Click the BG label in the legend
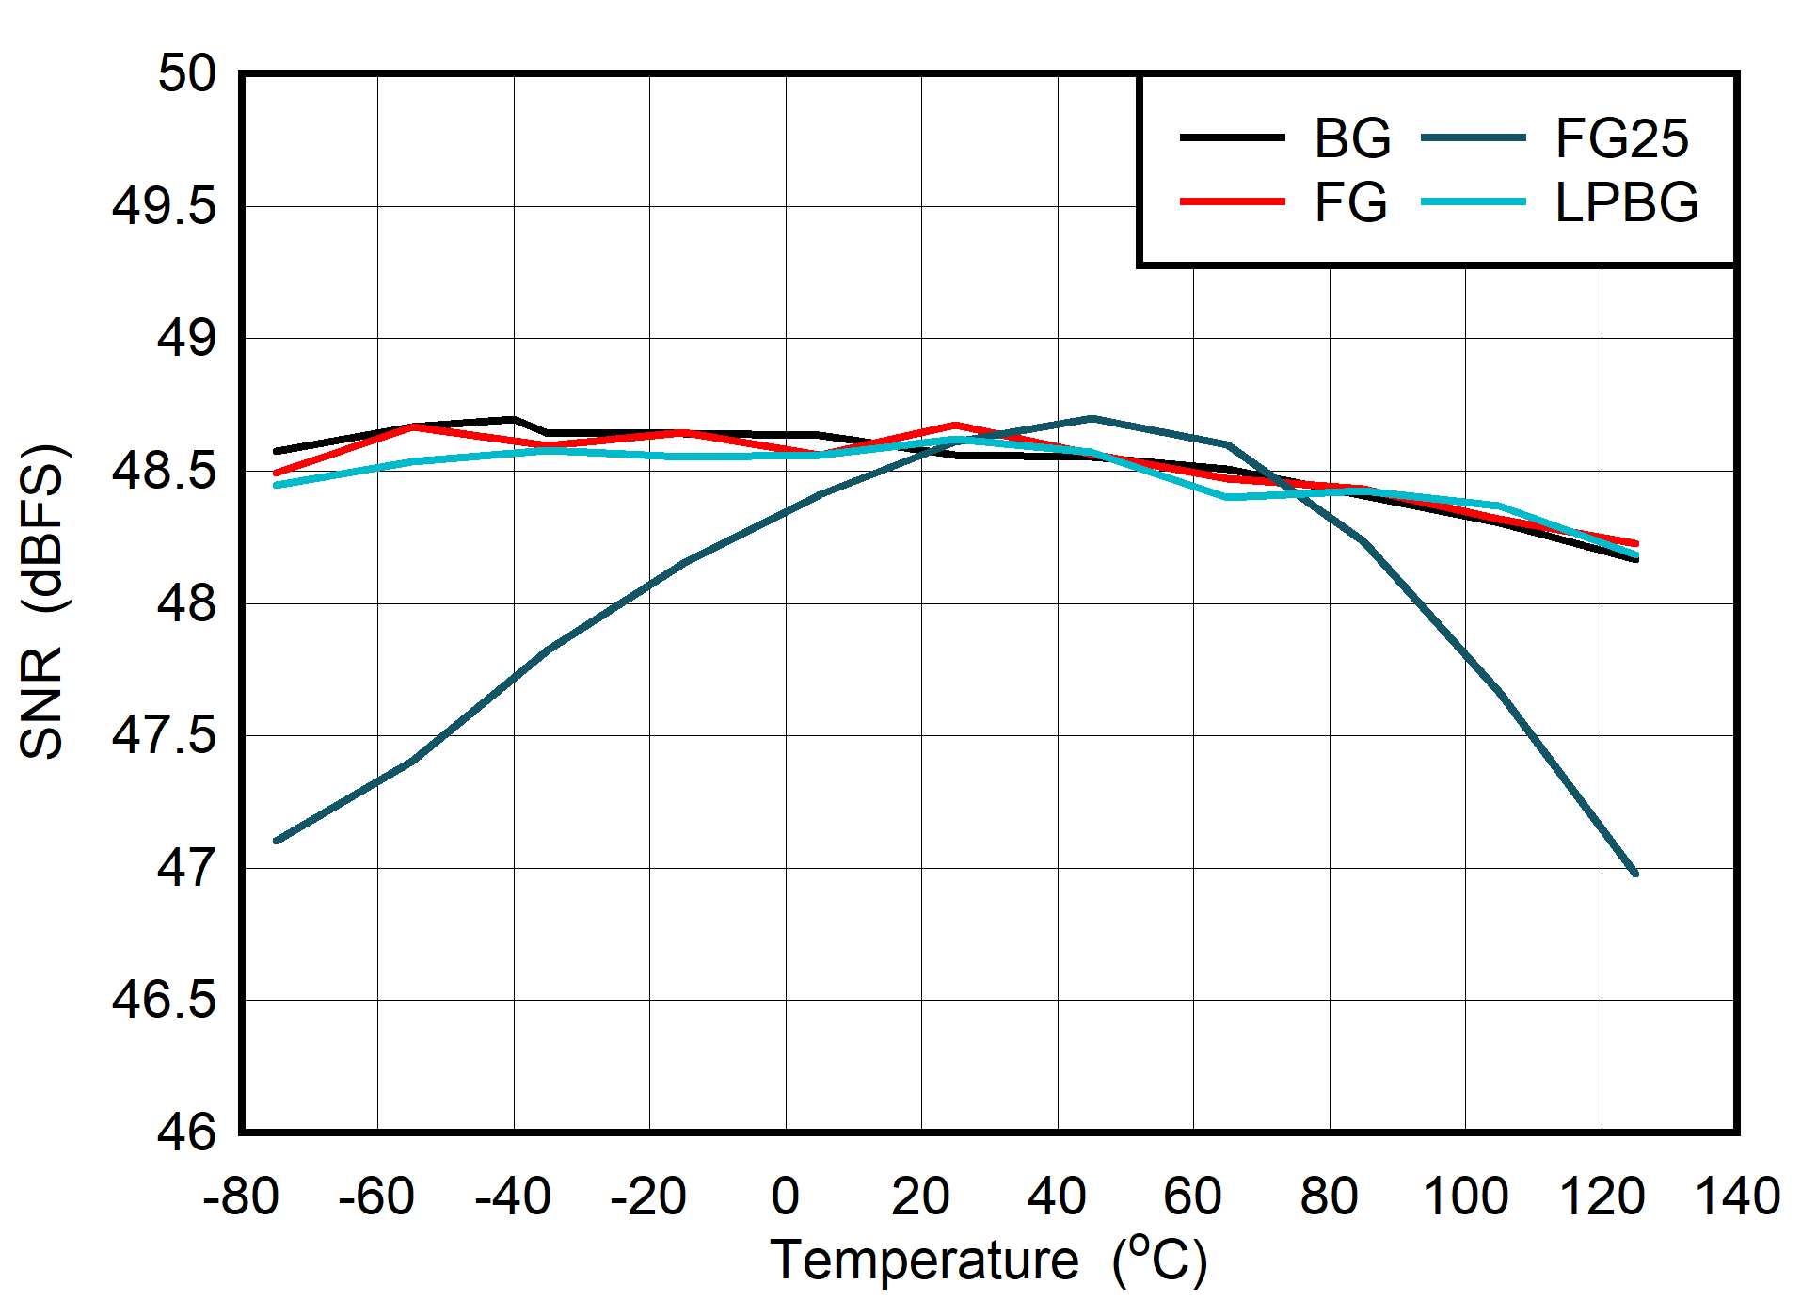(x=1352, y=138)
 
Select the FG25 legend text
(x=1621, y=138)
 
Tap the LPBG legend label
(x=1626, y=202)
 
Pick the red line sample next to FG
(x=1232, y=202)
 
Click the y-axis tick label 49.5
(x=164, y=206)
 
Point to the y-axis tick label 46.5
(x=164, y=1000)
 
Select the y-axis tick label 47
(x=186, y=868)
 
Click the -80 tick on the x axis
(x=241, y=1197)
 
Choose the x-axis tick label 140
(x=1737, y=1197)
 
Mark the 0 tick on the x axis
(x=785, y=1197)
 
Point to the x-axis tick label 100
(x=1465, y=1197)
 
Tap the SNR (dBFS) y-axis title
(x=42, y=602)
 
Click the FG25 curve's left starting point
(x=276, y=841)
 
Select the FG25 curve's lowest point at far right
(x=1635, y=874)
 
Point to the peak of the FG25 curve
(x=1091, y=418)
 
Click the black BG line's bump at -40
(x=513, y=419)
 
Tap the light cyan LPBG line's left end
(x=276, y=485)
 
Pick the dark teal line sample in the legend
(x=1473, y=138)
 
